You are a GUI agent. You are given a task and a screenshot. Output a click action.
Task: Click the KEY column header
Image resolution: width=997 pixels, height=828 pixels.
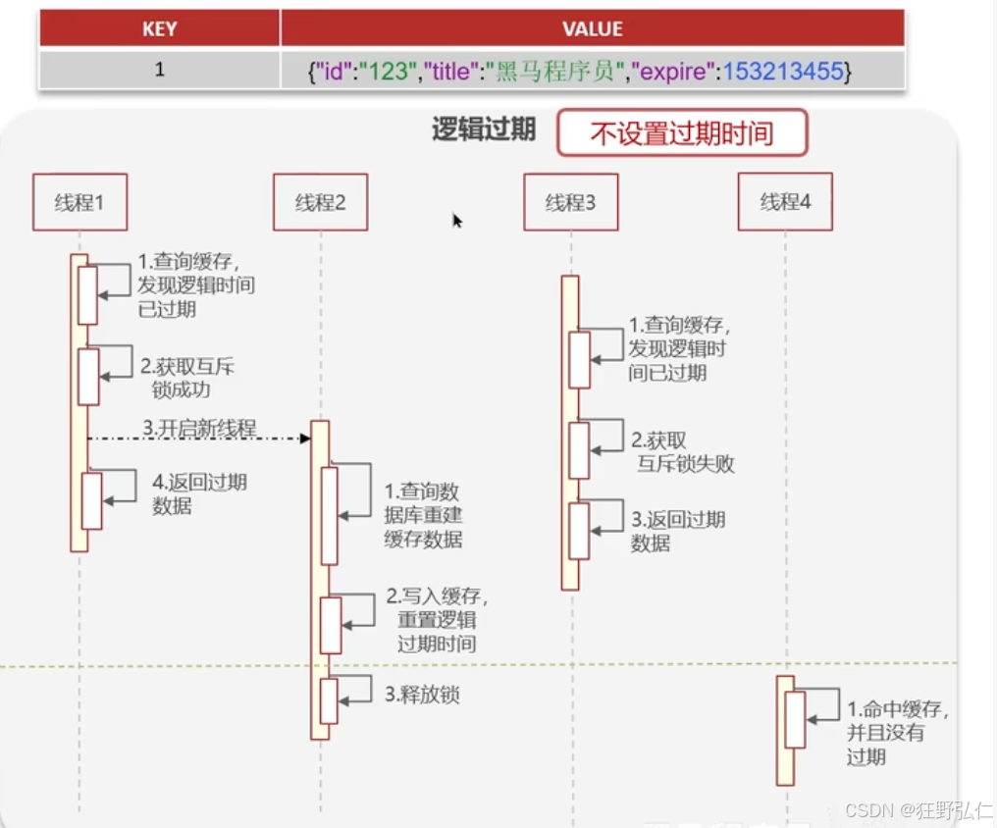pos(159,28)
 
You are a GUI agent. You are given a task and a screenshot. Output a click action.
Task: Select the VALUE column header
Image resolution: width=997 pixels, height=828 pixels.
pos(592,28)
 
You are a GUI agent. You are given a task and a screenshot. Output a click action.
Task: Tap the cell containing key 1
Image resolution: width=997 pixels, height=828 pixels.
pos(159,71)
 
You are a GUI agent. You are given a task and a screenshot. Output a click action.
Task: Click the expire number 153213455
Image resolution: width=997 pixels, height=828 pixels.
pos(782,72)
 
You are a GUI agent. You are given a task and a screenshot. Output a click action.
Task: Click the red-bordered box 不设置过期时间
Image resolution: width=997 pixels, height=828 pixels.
pos(681,133)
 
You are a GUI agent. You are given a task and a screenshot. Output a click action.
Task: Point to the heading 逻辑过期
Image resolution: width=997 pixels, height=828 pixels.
pos(484,129)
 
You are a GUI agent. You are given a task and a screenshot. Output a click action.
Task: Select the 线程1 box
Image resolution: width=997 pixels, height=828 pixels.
pos(79,202)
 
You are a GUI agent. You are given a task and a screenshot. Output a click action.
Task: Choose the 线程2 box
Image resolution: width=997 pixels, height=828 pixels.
pos(320,202)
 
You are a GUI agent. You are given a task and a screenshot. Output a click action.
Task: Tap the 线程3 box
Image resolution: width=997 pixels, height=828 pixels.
pos(570,202)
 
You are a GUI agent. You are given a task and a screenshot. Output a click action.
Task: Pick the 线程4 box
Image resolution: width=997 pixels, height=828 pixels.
pos(785,202)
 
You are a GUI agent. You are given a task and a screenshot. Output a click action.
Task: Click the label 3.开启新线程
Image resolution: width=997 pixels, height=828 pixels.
pos(199,429)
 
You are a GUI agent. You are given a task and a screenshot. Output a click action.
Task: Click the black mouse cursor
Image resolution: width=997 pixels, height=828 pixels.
pos(457,221)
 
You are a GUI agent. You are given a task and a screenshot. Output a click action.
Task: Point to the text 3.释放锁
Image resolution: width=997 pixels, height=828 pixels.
pos(422,696)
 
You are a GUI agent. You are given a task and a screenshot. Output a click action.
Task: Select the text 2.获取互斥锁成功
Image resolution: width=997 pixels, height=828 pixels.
pos(186,378)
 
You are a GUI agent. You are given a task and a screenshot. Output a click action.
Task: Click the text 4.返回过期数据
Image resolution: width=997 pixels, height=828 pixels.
pos(198,493)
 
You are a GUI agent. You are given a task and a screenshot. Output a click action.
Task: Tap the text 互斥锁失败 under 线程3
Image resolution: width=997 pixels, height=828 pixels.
pos(686,464)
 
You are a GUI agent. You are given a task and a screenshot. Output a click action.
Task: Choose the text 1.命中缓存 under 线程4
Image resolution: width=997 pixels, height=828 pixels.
pos(898,709)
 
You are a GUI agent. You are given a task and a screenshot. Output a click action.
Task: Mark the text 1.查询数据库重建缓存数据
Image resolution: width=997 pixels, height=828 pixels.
pos(422,515)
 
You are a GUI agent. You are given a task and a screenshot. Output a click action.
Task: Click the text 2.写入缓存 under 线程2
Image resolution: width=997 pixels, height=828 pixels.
pos(437,596)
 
